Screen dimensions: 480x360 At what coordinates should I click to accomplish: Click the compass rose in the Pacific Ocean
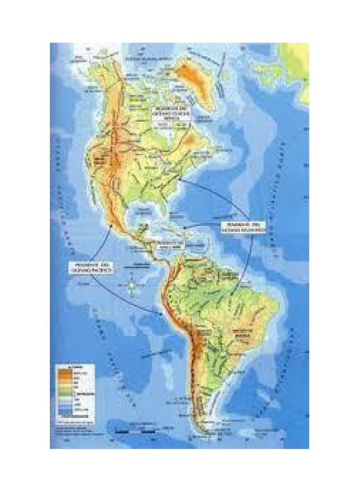point(133,285)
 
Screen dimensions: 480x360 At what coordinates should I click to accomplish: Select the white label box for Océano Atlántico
point(242,227)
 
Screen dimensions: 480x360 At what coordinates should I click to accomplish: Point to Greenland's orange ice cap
point(190,73)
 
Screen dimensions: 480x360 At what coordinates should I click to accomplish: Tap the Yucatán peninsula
point(143,229)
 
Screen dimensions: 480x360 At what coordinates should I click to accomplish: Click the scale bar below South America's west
point(136,430)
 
